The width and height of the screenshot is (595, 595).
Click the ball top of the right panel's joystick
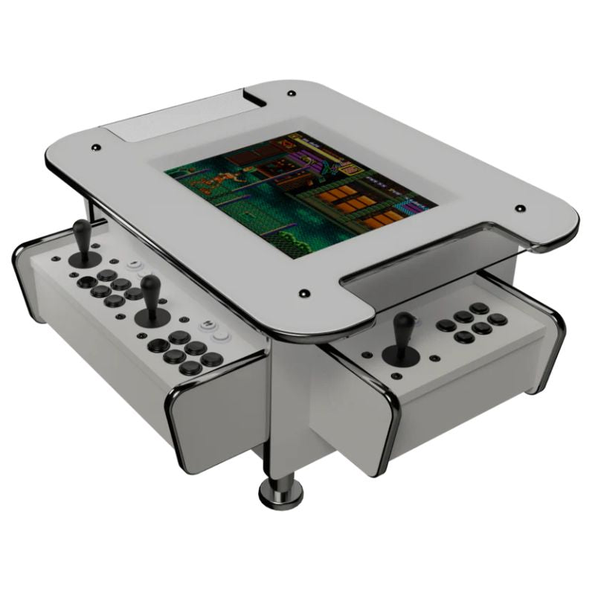(403, 321)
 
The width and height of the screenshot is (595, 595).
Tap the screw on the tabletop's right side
(520, 209)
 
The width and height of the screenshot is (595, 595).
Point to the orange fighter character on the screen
(218, 180)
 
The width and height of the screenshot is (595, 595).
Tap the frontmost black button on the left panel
(191, 367)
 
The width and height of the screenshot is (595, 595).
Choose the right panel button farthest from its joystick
(497, 319)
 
